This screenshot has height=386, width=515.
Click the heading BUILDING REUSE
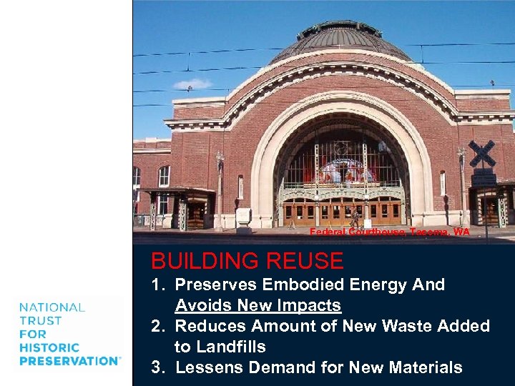tap(247, 260)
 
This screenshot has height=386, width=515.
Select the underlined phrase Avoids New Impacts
tap(257, 305)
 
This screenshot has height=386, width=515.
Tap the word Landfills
tap(230, 347)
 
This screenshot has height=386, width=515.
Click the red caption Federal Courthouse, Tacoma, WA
tap(390, 232)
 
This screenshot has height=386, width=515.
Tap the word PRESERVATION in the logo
tap(69, 361)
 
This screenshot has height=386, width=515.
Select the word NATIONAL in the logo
tap(52, 307)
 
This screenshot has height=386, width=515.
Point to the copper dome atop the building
tap(341, 39)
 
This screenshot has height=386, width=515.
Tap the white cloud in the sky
tap(192, 84)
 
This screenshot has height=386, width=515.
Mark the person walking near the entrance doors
tap(355, 215)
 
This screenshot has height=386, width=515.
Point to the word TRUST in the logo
tap(40, 321)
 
